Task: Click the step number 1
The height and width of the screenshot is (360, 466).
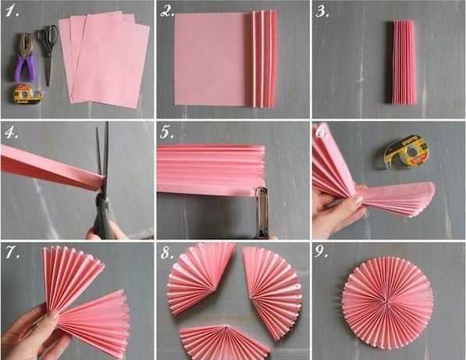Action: click(x=12, y=12)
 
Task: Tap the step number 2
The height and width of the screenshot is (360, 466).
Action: click(x=167, y=12)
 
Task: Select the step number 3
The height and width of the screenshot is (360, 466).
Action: click(x=322, y=12)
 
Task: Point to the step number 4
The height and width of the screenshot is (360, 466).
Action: click(x=12, y=133)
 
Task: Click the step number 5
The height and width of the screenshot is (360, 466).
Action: click(x=167, y=133)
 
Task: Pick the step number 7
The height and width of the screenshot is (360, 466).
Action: click(x=13, y=253)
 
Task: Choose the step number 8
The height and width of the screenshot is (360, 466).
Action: click(x=167, y=253)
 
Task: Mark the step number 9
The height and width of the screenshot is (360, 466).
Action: click(x=322, y=252)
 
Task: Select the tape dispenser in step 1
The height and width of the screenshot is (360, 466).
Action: click(x=28, y=94)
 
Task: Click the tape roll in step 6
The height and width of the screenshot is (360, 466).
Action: click(x=406, y=152)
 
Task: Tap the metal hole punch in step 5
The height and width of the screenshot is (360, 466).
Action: click(x=261, y=212)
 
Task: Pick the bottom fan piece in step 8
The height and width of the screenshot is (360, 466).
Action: click(x=225, y=342)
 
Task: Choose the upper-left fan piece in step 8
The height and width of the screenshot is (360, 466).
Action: click(x=198, y=278)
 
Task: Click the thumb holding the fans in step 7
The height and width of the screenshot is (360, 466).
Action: click(x=51, y=315)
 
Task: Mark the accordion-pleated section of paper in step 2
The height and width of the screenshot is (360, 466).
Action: click(x=262, y=59)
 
